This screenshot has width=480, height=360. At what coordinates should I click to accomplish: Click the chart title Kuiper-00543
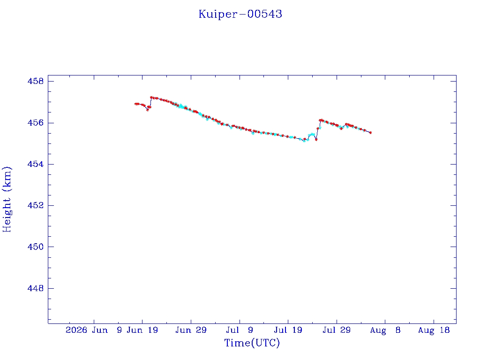(240, 14)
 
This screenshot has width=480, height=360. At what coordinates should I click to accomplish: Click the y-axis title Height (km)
(7, 199)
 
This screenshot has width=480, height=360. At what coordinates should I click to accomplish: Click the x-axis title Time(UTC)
(252, 343)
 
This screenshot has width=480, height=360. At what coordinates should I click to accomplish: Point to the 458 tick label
(36, 81)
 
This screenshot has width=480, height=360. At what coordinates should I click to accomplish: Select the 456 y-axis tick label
(36, 123)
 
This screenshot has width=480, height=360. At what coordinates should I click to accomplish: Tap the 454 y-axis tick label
(36, 164)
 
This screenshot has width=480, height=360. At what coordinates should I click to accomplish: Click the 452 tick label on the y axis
(36, 205)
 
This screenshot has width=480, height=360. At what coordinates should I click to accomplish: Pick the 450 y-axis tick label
(36, 247)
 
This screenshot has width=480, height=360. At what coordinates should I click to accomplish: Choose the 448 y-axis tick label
(36, 288)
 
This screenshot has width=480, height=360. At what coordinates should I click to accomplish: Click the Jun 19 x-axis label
(142, 330)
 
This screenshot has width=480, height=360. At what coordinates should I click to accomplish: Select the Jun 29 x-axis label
(191, 330)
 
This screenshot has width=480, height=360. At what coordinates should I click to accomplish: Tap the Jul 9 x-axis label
(240, 330)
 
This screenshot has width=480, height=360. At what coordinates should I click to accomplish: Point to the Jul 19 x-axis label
(288, 330)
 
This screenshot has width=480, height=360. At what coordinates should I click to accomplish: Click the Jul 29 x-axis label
(337, 330)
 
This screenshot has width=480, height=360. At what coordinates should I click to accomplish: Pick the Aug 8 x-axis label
(385, 330)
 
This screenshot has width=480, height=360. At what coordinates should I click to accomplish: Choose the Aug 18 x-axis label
(434, 330)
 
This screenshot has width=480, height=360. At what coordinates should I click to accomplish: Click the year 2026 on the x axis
(76, 330)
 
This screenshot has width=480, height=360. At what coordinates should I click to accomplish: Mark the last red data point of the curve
(371, 133)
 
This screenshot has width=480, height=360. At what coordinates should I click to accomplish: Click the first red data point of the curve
(135, 104)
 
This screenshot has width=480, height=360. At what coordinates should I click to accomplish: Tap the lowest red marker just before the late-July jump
(316, 140)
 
